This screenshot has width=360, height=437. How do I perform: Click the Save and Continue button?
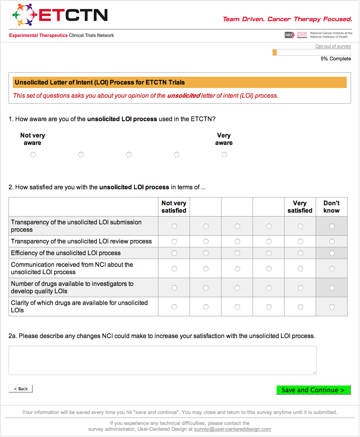(x=313, y=390)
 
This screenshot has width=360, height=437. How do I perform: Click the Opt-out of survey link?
(x=333, y=46)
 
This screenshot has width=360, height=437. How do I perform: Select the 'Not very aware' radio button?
(x=33, y=155)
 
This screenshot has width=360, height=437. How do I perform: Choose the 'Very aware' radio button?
(x=225, y=155)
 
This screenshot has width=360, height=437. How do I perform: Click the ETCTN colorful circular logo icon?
(x=25, y=15)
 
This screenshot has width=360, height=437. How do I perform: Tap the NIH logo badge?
(x=289, y=35)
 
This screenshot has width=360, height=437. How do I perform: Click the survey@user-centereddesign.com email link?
(x=232, y=429)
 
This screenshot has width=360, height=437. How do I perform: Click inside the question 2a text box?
(x=162, y=360)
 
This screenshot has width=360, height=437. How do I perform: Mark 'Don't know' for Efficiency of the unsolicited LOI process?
(x=332, y=253)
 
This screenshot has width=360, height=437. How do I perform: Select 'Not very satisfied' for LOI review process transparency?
(x=174, y=241)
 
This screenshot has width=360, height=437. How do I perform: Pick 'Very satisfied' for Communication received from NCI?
(x=300, y=269)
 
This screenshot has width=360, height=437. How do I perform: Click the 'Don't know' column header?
(x=332, y=207)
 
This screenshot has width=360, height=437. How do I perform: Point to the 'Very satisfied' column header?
(x=300, y=207)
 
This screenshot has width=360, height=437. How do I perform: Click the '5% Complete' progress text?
(x=335, y=59)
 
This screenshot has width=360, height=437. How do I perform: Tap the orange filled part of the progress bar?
(x=275, y=52)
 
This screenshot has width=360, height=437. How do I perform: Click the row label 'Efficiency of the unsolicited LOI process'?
(x=66, y=253)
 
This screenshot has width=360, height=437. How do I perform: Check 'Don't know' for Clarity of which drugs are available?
(x=332, y=307)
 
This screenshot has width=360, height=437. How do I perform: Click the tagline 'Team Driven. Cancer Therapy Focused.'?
(x=287, y=19)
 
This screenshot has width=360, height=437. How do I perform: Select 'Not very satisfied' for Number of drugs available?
(x=174, y=288)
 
